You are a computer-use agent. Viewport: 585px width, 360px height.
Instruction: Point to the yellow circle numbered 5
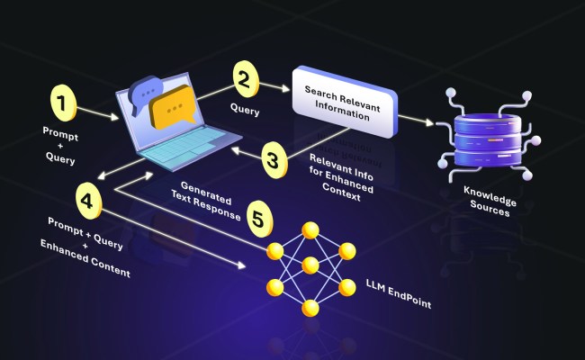click(258, 219)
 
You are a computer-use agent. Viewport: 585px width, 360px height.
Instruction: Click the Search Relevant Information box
click(344, 103)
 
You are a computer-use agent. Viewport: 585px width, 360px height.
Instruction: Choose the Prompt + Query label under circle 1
click(59, 144)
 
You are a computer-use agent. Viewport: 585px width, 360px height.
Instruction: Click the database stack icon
click(487, 134)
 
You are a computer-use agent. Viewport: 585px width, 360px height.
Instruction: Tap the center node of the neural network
click(310, 265)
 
